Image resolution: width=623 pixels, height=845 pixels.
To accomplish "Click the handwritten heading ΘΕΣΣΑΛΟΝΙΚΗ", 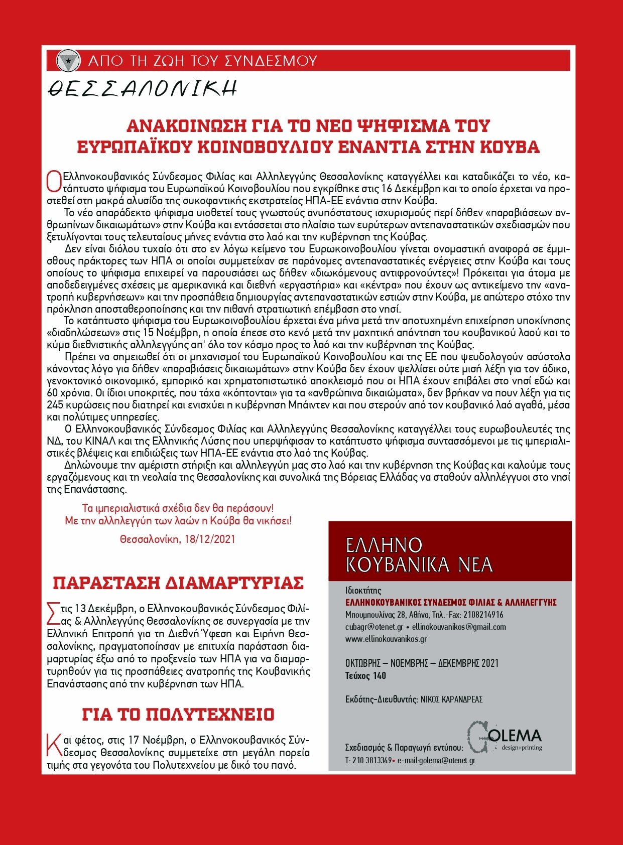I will click(x=142, y=89).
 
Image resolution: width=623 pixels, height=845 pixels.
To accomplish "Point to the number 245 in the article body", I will click(x=55, y=405).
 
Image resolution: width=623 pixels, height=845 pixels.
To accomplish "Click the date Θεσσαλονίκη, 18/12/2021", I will click(x=178, y=539).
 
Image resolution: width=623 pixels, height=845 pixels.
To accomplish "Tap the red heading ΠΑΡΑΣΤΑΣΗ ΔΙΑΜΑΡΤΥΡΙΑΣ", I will click(x=178, y=583).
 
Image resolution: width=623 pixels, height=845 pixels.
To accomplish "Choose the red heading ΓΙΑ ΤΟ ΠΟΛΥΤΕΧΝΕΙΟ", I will click(x=178, y=715).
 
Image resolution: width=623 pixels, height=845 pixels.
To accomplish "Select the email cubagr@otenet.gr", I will click(x=374, y=627).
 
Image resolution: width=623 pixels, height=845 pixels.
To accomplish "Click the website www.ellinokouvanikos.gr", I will click(x=386, y=639).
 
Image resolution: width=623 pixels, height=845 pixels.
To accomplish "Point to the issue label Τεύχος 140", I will click(x=365, y=676).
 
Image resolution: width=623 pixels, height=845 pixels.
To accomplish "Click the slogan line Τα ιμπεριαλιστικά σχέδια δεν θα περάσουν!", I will click(x=178, y=508).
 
